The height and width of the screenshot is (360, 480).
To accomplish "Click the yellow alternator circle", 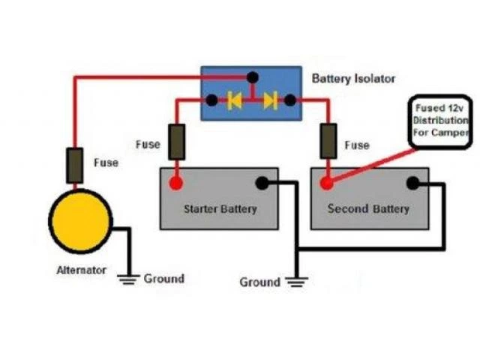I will pos(80,221).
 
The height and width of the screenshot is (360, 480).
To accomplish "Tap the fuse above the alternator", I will pos(75,166).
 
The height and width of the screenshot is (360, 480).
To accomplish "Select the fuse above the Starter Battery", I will pos(177,142).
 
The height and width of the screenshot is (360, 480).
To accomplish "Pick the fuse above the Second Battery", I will pos(328,142).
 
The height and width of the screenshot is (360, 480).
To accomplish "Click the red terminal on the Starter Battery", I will pos(177,183).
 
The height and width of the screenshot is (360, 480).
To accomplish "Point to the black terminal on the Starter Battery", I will pos(262,183).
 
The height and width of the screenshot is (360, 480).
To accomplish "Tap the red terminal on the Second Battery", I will pos(328,183).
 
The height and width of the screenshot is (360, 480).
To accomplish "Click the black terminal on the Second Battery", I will pos(412,183).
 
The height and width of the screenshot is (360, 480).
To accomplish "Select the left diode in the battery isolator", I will pos(235,100).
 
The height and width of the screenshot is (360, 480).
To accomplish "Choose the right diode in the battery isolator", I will pos(270,100).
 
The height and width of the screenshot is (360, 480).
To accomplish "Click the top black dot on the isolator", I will pos(253,76).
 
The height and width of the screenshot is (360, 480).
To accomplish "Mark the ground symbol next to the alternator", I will pos(128,279).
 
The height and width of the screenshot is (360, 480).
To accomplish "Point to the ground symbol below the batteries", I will pos(298,282).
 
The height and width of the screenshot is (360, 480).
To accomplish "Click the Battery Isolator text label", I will pos(353,78).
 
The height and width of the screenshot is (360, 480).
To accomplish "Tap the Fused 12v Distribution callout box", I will pos(439,121).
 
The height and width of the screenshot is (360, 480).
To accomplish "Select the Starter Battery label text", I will pos(220,208).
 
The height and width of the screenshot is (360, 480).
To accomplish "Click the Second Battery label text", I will pos(368,208).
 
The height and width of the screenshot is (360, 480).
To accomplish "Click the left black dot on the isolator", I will pos(212,100).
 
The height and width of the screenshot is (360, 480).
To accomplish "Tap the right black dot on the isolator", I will pos(293,100).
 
